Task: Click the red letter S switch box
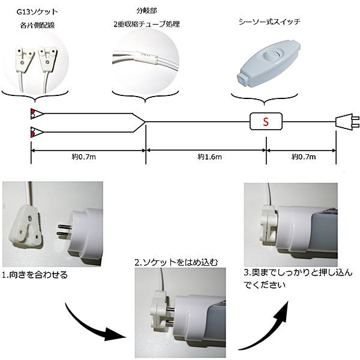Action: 266,121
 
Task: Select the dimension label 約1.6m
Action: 209,157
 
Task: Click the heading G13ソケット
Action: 37,12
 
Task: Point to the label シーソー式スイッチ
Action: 269,22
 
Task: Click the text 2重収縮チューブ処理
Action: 147,24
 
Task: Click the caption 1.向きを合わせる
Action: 35,275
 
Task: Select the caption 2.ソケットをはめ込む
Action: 176,262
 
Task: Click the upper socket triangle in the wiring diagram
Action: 37,113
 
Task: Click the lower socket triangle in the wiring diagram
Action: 37,132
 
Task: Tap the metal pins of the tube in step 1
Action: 64,230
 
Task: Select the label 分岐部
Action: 147,11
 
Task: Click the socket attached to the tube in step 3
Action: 269,223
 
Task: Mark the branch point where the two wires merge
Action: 145,122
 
